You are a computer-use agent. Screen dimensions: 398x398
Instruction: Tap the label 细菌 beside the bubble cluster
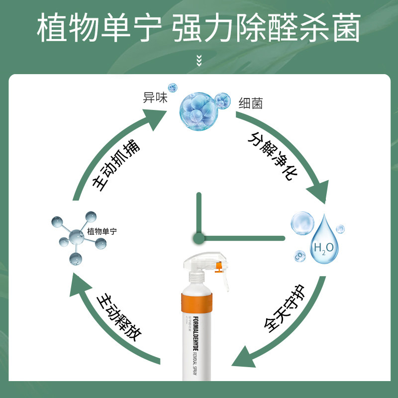[250, 103]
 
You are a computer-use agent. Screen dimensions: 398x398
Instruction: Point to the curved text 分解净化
[272, 158]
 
